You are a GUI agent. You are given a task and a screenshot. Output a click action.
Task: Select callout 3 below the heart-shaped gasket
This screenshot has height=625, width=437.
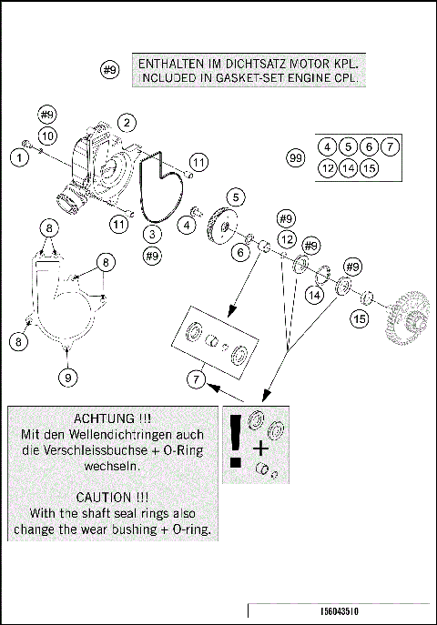(152, 234)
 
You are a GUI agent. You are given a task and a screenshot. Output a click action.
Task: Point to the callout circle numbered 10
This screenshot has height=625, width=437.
(47, 135)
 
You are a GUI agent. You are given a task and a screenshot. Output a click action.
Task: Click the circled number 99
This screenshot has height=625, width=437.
(295, 158)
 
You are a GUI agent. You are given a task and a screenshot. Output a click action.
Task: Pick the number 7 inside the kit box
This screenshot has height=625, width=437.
(389, 146)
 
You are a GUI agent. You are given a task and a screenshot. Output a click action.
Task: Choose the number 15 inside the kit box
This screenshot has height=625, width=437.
(369, 168)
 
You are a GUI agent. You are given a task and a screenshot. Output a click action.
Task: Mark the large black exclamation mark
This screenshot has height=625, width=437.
(238, 441)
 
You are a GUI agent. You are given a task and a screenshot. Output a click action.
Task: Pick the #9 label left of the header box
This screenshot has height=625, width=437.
(110, 70)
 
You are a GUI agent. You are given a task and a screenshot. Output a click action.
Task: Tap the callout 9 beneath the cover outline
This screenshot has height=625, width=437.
(67, 375)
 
